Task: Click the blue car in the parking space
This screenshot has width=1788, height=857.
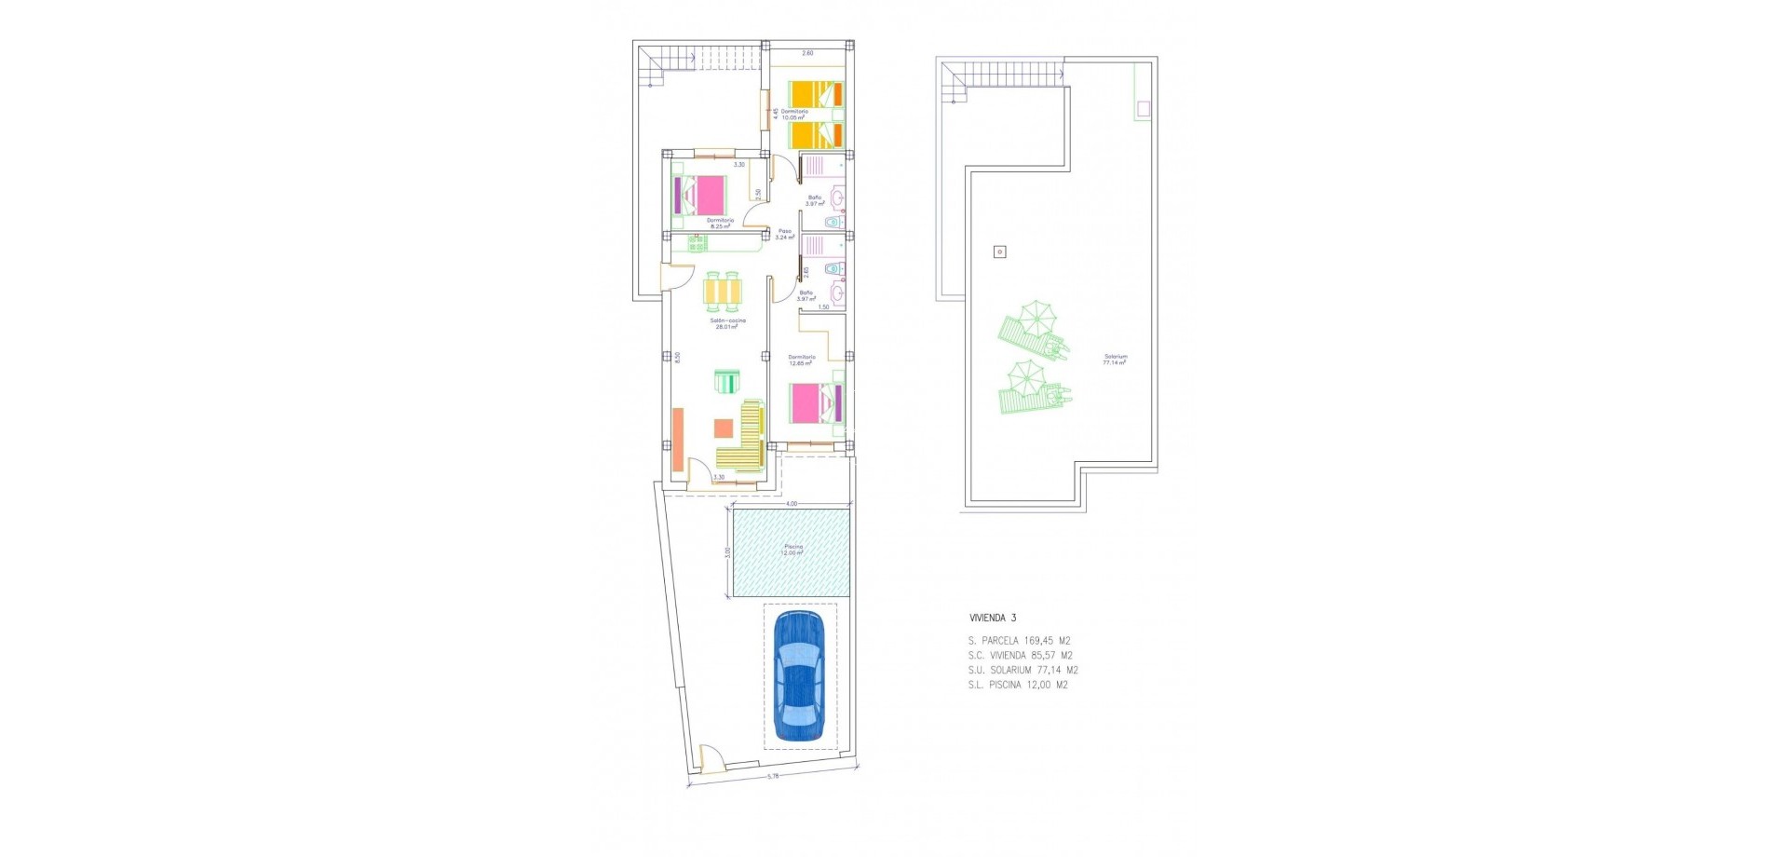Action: tap(799, 676)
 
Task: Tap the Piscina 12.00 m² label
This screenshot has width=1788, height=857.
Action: tap(792, 550)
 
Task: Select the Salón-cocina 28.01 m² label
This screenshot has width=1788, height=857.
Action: tap(729, 323)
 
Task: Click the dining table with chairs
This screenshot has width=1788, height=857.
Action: tap(725, 292)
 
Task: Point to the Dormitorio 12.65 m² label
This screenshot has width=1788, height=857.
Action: tap(801, 360)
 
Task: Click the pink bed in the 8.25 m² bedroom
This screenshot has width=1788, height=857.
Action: tap(706, 196)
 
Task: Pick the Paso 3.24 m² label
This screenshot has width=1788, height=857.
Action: tap(785, 234)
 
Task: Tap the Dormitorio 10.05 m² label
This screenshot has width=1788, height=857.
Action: tap(794, 115)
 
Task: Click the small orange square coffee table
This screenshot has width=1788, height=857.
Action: tap(724, 428)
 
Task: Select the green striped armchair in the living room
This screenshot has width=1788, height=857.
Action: tap(726, 382)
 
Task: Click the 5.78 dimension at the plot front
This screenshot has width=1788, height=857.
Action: tap(772, 775)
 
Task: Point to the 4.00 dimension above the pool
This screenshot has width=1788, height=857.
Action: tap(792, 504)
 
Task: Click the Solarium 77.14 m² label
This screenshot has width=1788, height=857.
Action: tap(1115, 359)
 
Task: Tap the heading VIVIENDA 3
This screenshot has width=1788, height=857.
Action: tap(993, 618)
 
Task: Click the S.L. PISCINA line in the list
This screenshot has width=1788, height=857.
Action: tap(1018, 685)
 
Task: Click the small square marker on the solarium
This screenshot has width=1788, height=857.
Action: tap(1000, 252)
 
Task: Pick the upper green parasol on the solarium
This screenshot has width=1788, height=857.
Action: tap(1034, 317)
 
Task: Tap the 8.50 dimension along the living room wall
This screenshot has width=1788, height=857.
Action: tap(677, 357)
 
